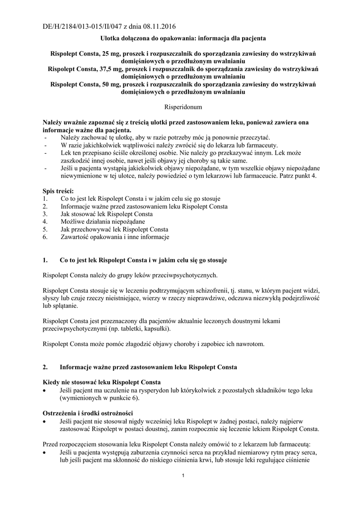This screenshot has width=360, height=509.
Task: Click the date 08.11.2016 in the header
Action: (x=158, y=26)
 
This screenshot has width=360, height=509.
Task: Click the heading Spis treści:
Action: (x=59, y=191)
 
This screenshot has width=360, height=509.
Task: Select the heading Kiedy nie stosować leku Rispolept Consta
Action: (x=102, y=382)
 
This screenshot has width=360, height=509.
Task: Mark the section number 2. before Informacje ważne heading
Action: (x=46, y=367)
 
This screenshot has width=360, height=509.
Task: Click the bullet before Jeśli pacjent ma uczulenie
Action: (x=46, y=391)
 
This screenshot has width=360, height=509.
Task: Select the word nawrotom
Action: (x=250, y=344)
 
